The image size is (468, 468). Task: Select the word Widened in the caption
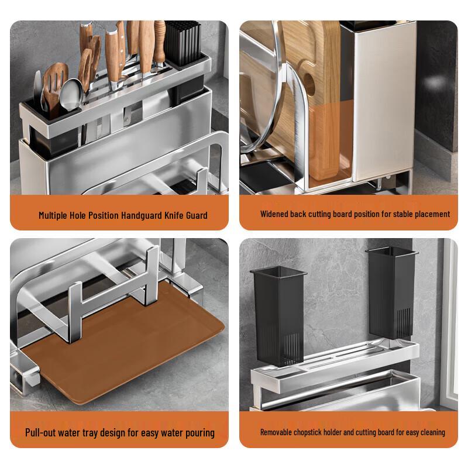(270, 214)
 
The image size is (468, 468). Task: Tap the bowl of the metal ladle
(71, 95)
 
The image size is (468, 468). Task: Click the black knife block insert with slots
(183, 43)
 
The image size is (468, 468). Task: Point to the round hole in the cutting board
(309, 84)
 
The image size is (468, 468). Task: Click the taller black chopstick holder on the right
(391, 294)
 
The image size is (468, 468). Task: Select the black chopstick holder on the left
(278, 316)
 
